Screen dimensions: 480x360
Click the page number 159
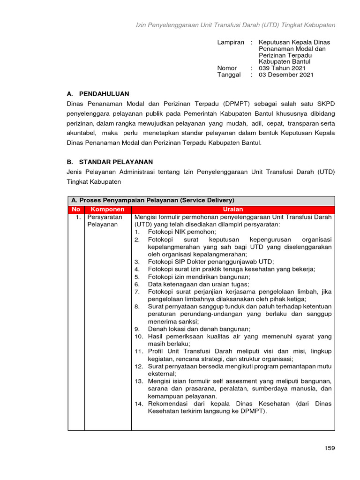[330, 448]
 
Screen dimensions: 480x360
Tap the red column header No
[76, 210]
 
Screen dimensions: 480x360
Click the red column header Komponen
[107, 210]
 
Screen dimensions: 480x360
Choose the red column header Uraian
[233, 210]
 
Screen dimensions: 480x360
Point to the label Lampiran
[231, 42]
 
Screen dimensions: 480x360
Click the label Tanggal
[229, 75]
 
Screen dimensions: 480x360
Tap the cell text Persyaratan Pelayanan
[105, 221]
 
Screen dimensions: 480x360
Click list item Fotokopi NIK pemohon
[182, 232]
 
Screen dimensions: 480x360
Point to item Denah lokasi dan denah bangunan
[199, 329]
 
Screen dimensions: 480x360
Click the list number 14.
[139, 404]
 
